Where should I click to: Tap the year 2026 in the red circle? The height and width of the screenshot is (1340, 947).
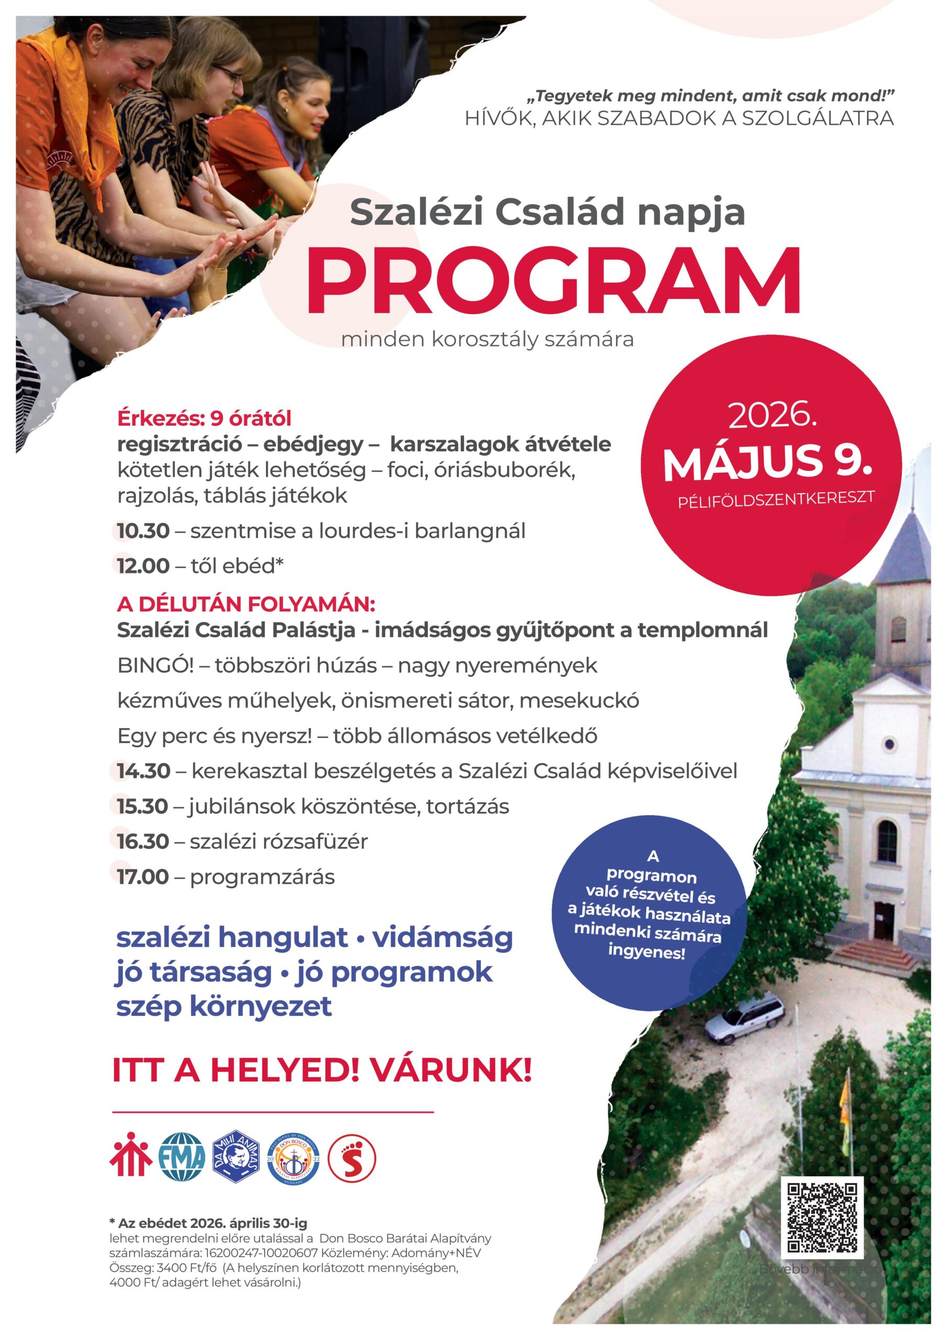[x=771, y=416]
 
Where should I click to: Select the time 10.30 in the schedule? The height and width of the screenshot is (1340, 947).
[x=143, y=531]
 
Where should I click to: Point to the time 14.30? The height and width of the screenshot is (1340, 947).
[x=143, y=771]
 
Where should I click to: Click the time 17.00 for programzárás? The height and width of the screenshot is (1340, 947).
[x=143, y=877]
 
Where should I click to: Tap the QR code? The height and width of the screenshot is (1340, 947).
[x=821, y=1218]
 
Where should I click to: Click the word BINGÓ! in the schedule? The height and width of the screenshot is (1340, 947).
[x=155, y=666]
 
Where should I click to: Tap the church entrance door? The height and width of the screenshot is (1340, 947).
[x=885, y=920]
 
